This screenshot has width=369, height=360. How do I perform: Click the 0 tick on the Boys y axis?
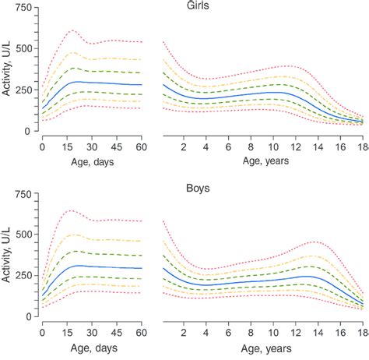(x=31, y=316)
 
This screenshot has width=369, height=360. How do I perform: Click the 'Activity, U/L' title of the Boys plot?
(x=8, y=255)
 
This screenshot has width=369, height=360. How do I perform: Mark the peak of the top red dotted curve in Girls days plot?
(x=72, y=30)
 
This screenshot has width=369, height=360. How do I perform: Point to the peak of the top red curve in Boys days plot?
(x=72, y=210)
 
